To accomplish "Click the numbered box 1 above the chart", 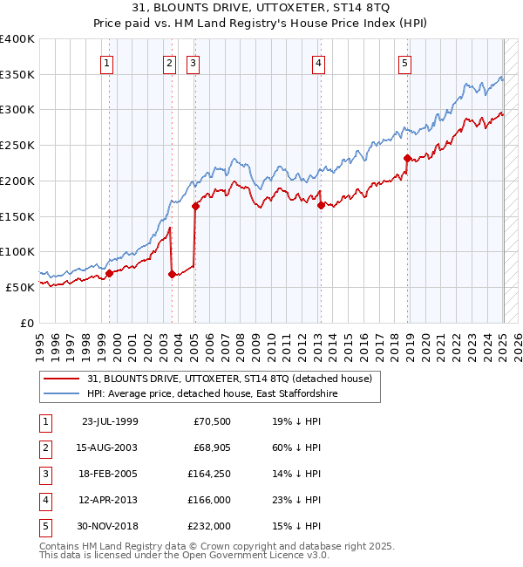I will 106,62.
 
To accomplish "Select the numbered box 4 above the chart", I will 319,62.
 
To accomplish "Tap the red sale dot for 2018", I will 407,158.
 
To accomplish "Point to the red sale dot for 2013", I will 321,205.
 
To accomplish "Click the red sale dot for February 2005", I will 195,207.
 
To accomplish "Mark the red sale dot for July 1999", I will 109,273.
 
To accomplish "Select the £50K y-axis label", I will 20,287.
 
